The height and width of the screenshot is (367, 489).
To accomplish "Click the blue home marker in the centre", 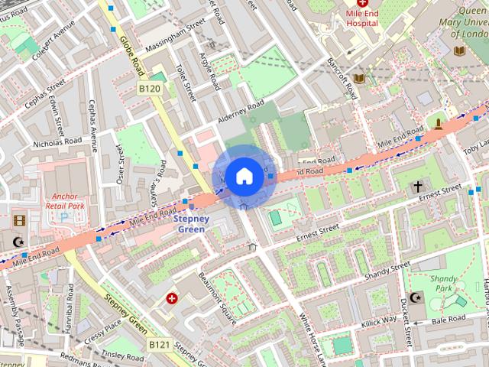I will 244,176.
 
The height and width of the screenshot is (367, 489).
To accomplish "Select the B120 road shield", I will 150,89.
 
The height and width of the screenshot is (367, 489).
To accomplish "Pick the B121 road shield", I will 159,345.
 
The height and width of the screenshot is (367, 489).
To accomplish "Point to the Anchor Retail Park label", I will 64,200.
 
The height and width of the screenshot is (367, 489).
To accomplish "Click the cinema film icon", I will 18,221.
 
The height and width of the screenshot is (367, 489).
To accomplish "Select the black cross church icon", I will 418,187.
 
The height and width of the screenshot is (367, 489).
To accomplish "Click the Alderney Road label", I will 241,112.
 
